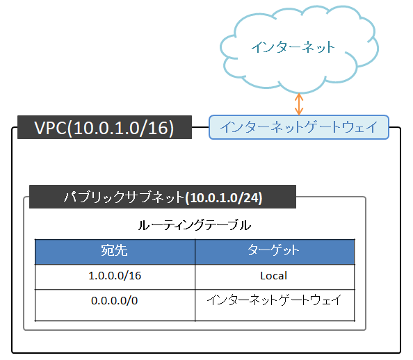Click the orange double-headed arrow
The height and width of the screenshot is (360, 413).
(x=299, y=105)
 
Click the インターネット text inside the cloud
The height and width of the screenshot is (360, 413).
(x=293, y=48)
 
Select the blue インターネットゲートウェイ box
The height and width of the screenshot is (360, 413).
(x=298, y=128)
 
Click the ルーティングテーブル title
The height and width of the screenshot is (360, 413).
(x=194, y=225)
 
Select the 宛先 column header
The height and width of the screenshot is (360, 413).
(x=115, y=251)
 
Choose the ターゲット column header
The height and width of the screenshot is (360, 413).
(x=274, y=251)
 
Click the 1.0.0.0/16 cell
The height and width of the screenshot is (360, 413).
(x=115, y=276)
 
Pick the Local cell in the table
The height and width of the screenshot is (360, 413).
(x=274, y=276)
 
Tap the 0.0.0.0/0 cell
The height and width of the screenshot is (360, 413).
(x=115, y=301)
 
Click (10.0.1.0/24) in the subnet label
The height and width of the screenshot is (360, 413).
(x=223, y=198)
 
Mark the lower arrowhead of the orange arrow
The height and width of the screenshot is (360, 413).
(x=299, y=113)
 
